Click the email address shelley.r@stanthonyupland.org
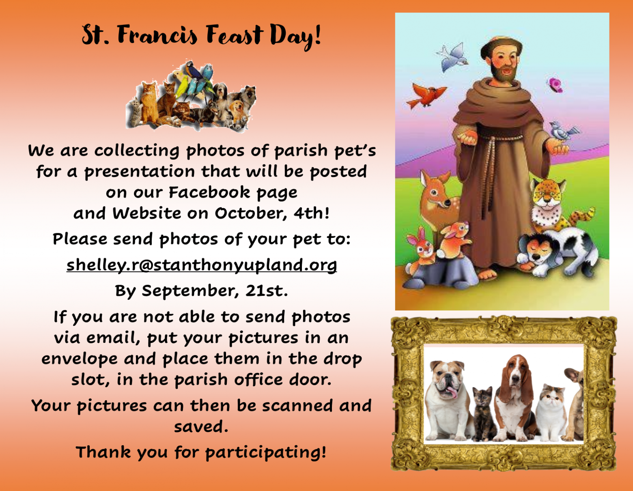point(202,265)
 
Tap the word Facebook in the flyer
point(209,192)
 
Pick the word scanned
point(297,405)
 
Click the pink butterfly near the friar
point(555,85)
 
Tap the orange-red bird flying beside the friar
point(426,95)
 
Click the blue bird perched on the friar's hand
point(563,131)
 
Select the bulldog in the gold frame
point(447,399)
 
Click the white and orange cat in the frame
point(551,412)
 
